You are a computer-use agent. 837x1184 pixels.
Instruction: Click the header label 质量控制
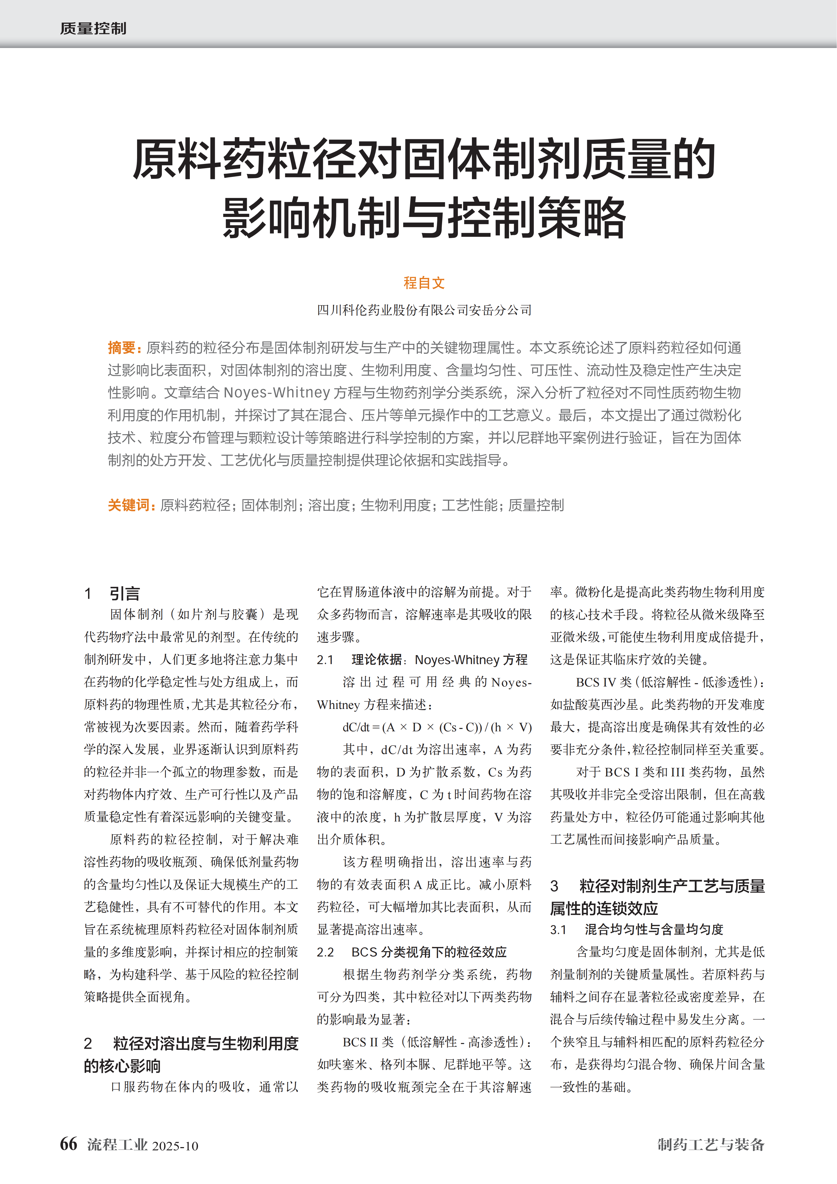(x=93, y=28)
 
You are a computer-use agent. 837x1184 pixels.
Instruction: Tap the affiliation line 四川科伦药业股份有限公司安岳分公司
(x=424, y=310)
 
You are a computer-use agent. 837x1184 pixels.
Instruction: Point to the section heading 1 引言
(x=112, y=593)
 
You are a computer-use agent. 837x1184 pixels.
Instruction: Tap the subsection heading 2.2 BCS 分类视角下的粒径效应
(x=412, y=952)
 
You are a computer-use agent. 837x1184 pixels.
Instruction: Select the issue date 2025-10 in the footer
(x=175, y=1146)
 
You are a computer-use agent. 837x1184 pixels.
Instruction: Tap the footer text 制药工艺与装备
(x=711, y=1144)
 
